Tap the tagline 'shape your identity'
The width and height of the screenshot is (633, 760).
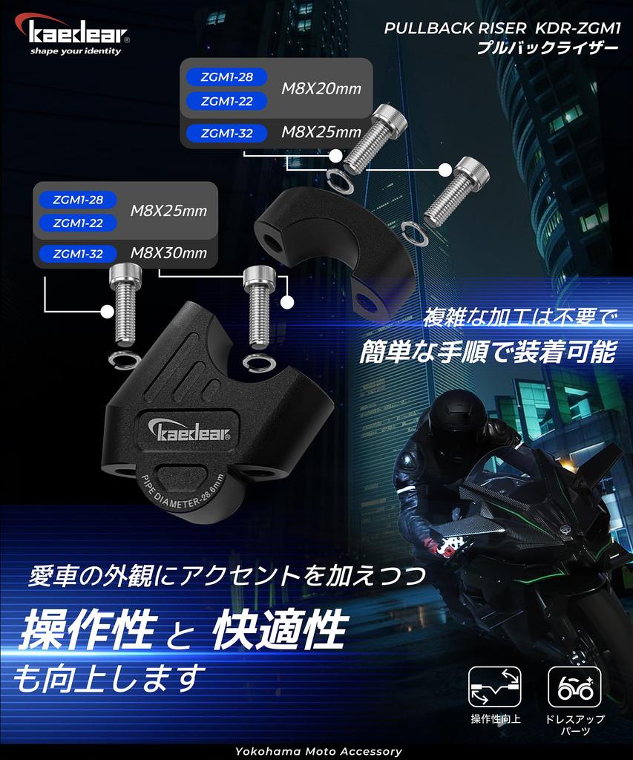coord(76,51)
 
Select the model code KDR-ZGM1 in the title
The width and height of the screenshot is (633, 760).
coord(577,29)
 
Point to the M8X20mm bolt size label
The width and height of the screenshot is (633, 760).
coord(321,89)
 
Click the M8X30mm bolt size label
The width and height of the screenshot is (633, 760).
coord(168,252)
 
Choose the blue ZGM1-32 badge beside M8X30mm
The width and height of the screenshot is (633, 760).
coord(78,254)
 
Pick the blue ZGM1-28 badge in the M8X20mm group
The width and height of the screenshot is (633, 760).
coord(227,76)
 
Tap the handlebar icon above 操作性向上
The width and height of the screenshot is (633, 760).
coord(495,687)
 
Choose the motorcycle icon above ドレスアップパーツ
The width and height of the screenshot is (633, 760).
coord(574,687)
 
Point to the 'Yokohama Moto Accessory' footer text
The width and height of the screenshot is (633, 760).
coord(318,751)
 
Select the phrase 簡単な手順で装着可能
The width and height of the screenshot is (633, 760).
coord(488,352)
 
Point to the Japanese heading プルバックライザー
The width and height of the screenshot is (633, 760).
coord(548,48)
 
